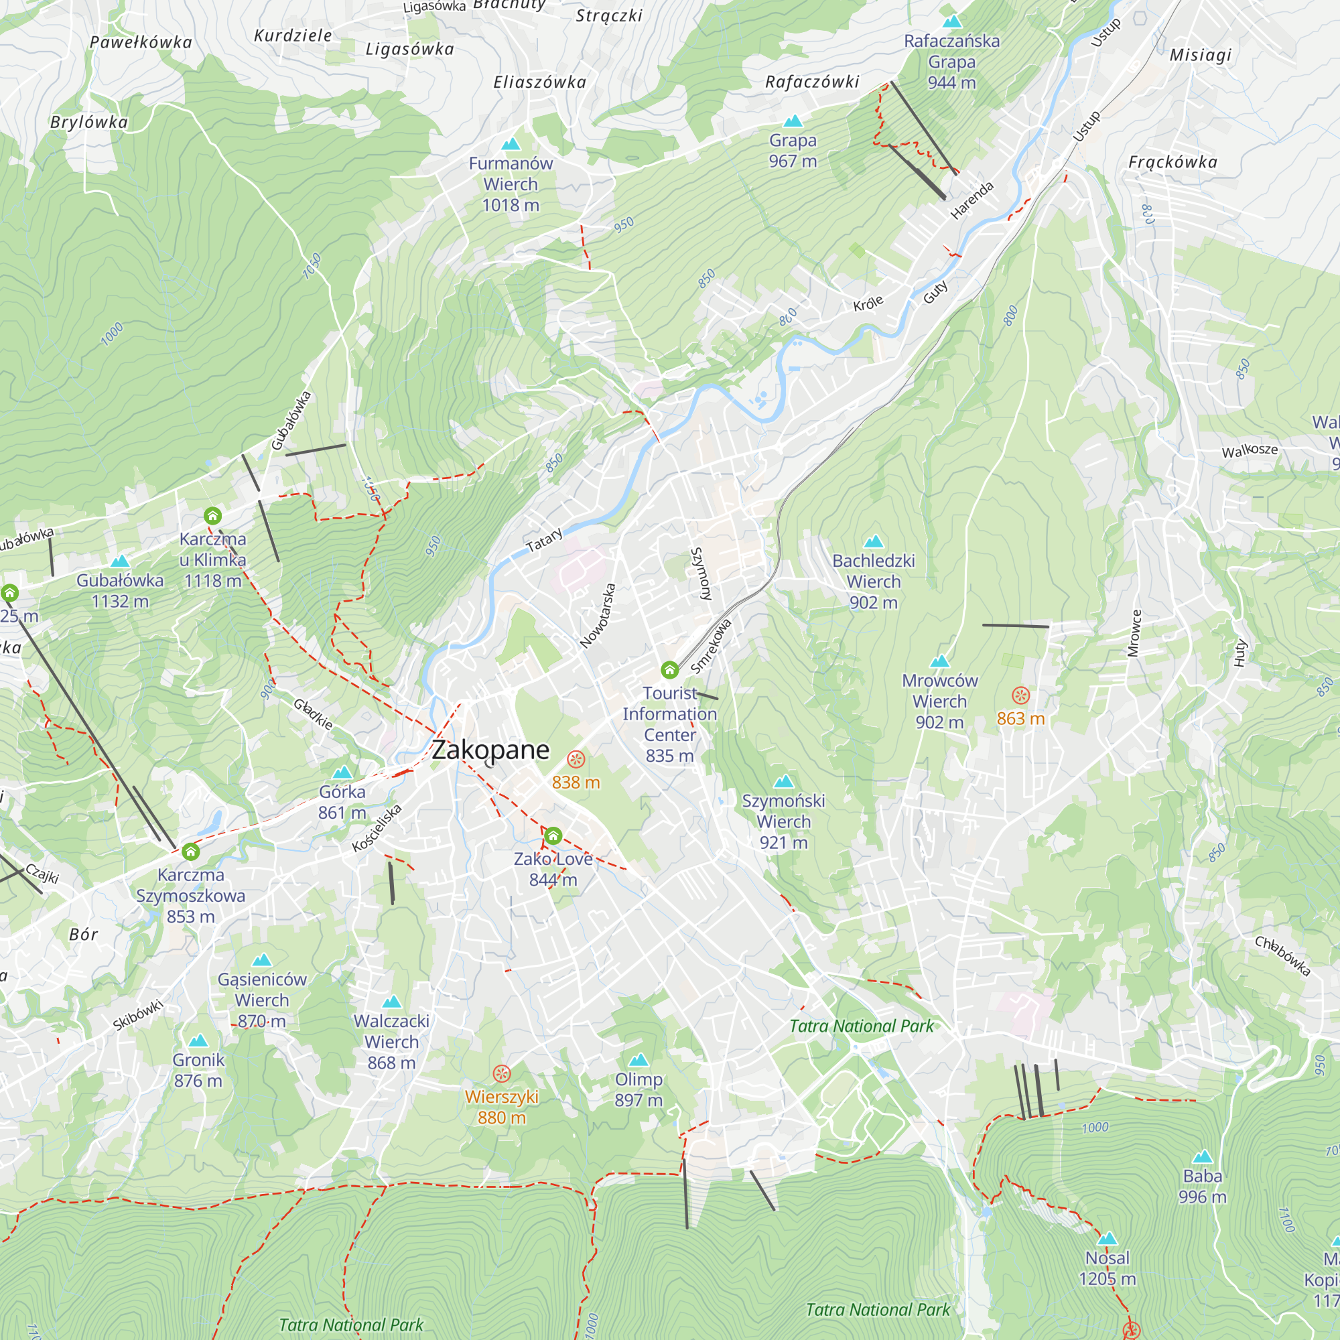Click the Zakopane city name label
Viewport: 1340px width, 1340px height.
[490, 750]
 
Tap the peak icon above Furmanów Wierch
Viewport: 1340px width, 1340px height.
[511, 144]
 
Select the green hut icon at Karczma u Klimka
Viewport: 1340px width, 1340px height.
[212, 516]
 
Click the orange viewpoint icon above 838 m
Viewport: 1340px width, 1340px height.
[576, 760]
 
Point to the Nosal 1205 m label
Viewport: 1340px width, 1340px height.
[1107, 1268]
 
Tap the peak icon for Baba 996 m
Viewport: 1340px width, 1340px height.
[1202, 1157]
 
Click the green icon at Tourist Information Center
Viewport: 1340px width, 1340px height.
[669, 670]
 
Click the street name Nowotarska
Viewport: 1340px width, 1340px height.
[598, 616]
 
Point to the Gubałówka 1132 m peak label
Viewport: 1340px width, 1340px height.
[120, 590]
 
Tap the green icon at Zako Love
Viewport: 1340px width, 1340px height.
[553, 836]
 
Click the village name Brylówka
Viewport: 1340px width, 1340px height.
[90, 123]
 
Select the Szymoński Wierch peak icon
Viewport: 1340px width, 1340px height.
[784, 782]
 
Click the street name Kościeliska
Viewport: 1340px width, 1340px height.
[377, 828]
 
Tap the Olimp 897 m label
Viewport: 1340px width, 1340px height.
[639, 1089]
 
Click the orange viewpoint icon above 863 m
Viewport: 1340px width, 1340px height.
[1020, 695]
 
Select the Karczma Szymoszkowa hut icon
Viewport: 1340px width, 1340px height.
[191, 852]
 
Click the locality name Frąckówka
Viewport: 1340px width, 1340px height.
[1173, 162]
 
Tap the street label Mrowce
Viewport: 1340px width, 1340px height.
[1134, 632]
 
